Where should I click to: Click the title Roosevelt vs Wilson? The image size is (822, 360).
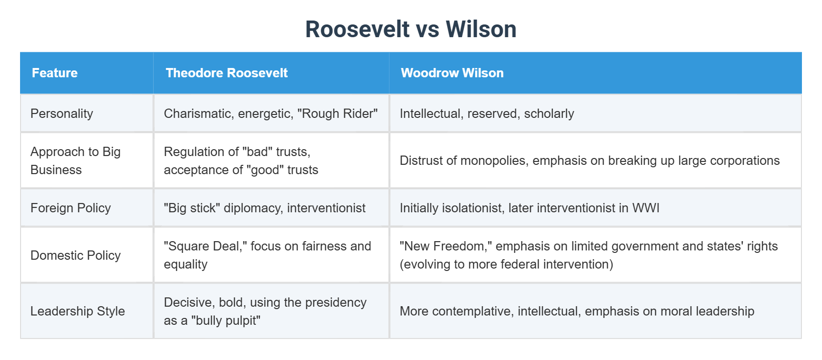point(411,29)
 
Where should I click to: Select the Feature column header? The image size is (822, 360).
point(55,73)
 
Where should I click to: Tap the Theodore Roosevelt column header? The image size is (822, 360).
point(227,73)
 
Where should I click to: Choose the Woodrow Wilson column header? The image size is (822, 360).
point(452,73)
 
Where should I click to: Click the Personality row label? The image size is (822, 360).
point(62,114)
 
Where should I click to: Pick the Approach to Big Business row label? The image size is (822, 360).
point(75,161)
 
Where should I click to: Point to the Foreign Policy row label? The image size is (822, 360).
point(70,208)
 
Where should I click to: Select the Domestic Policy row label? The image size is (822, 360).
point(75,255)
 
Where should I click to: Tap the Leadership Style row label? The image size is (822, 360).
point(77,311)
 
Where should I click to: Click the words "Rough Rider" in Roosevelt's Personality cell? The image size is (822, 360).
point(338,114)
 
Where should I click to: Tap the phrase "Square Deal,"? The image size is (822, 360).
point(205,246)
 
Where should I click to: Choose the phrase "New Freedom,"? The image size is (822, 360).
point(446,246)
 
